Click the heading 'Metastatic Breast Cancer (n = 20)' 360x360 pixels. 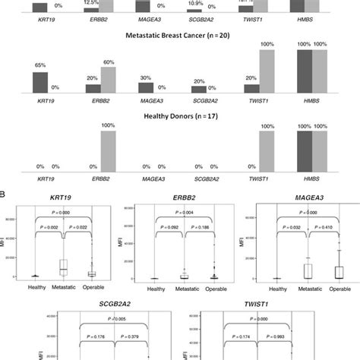coord(179,36)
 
